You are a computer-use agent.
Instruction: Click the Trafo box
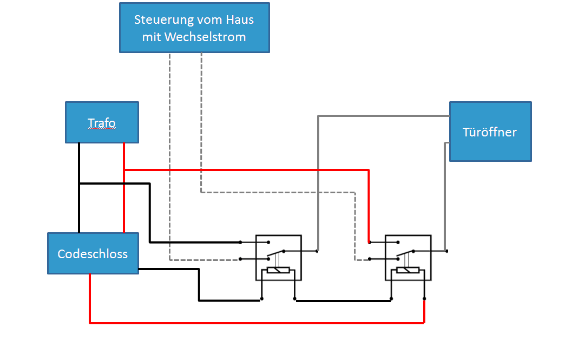(102, 122)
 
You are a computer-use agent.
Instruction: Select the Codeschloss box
(93, 253)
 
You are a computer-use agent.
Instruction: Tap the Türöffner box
(490, 132)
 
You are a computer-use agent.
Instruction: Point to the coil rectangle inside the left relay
(278, 270)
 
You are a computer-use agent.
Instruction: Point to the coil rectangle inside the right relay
(407, 270)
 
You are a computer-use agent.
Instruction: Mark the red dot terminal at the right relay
(369, 242)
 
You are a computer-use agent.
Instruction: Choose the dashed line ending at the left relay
(170, 162)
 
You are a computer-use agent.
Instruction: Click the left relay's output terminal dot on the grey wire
(317, 251)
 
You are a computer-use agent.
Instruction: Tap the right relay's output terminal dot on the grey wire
(446, 251)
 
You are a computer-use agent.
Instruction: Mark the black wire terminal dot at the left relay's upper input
(240, 242)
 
